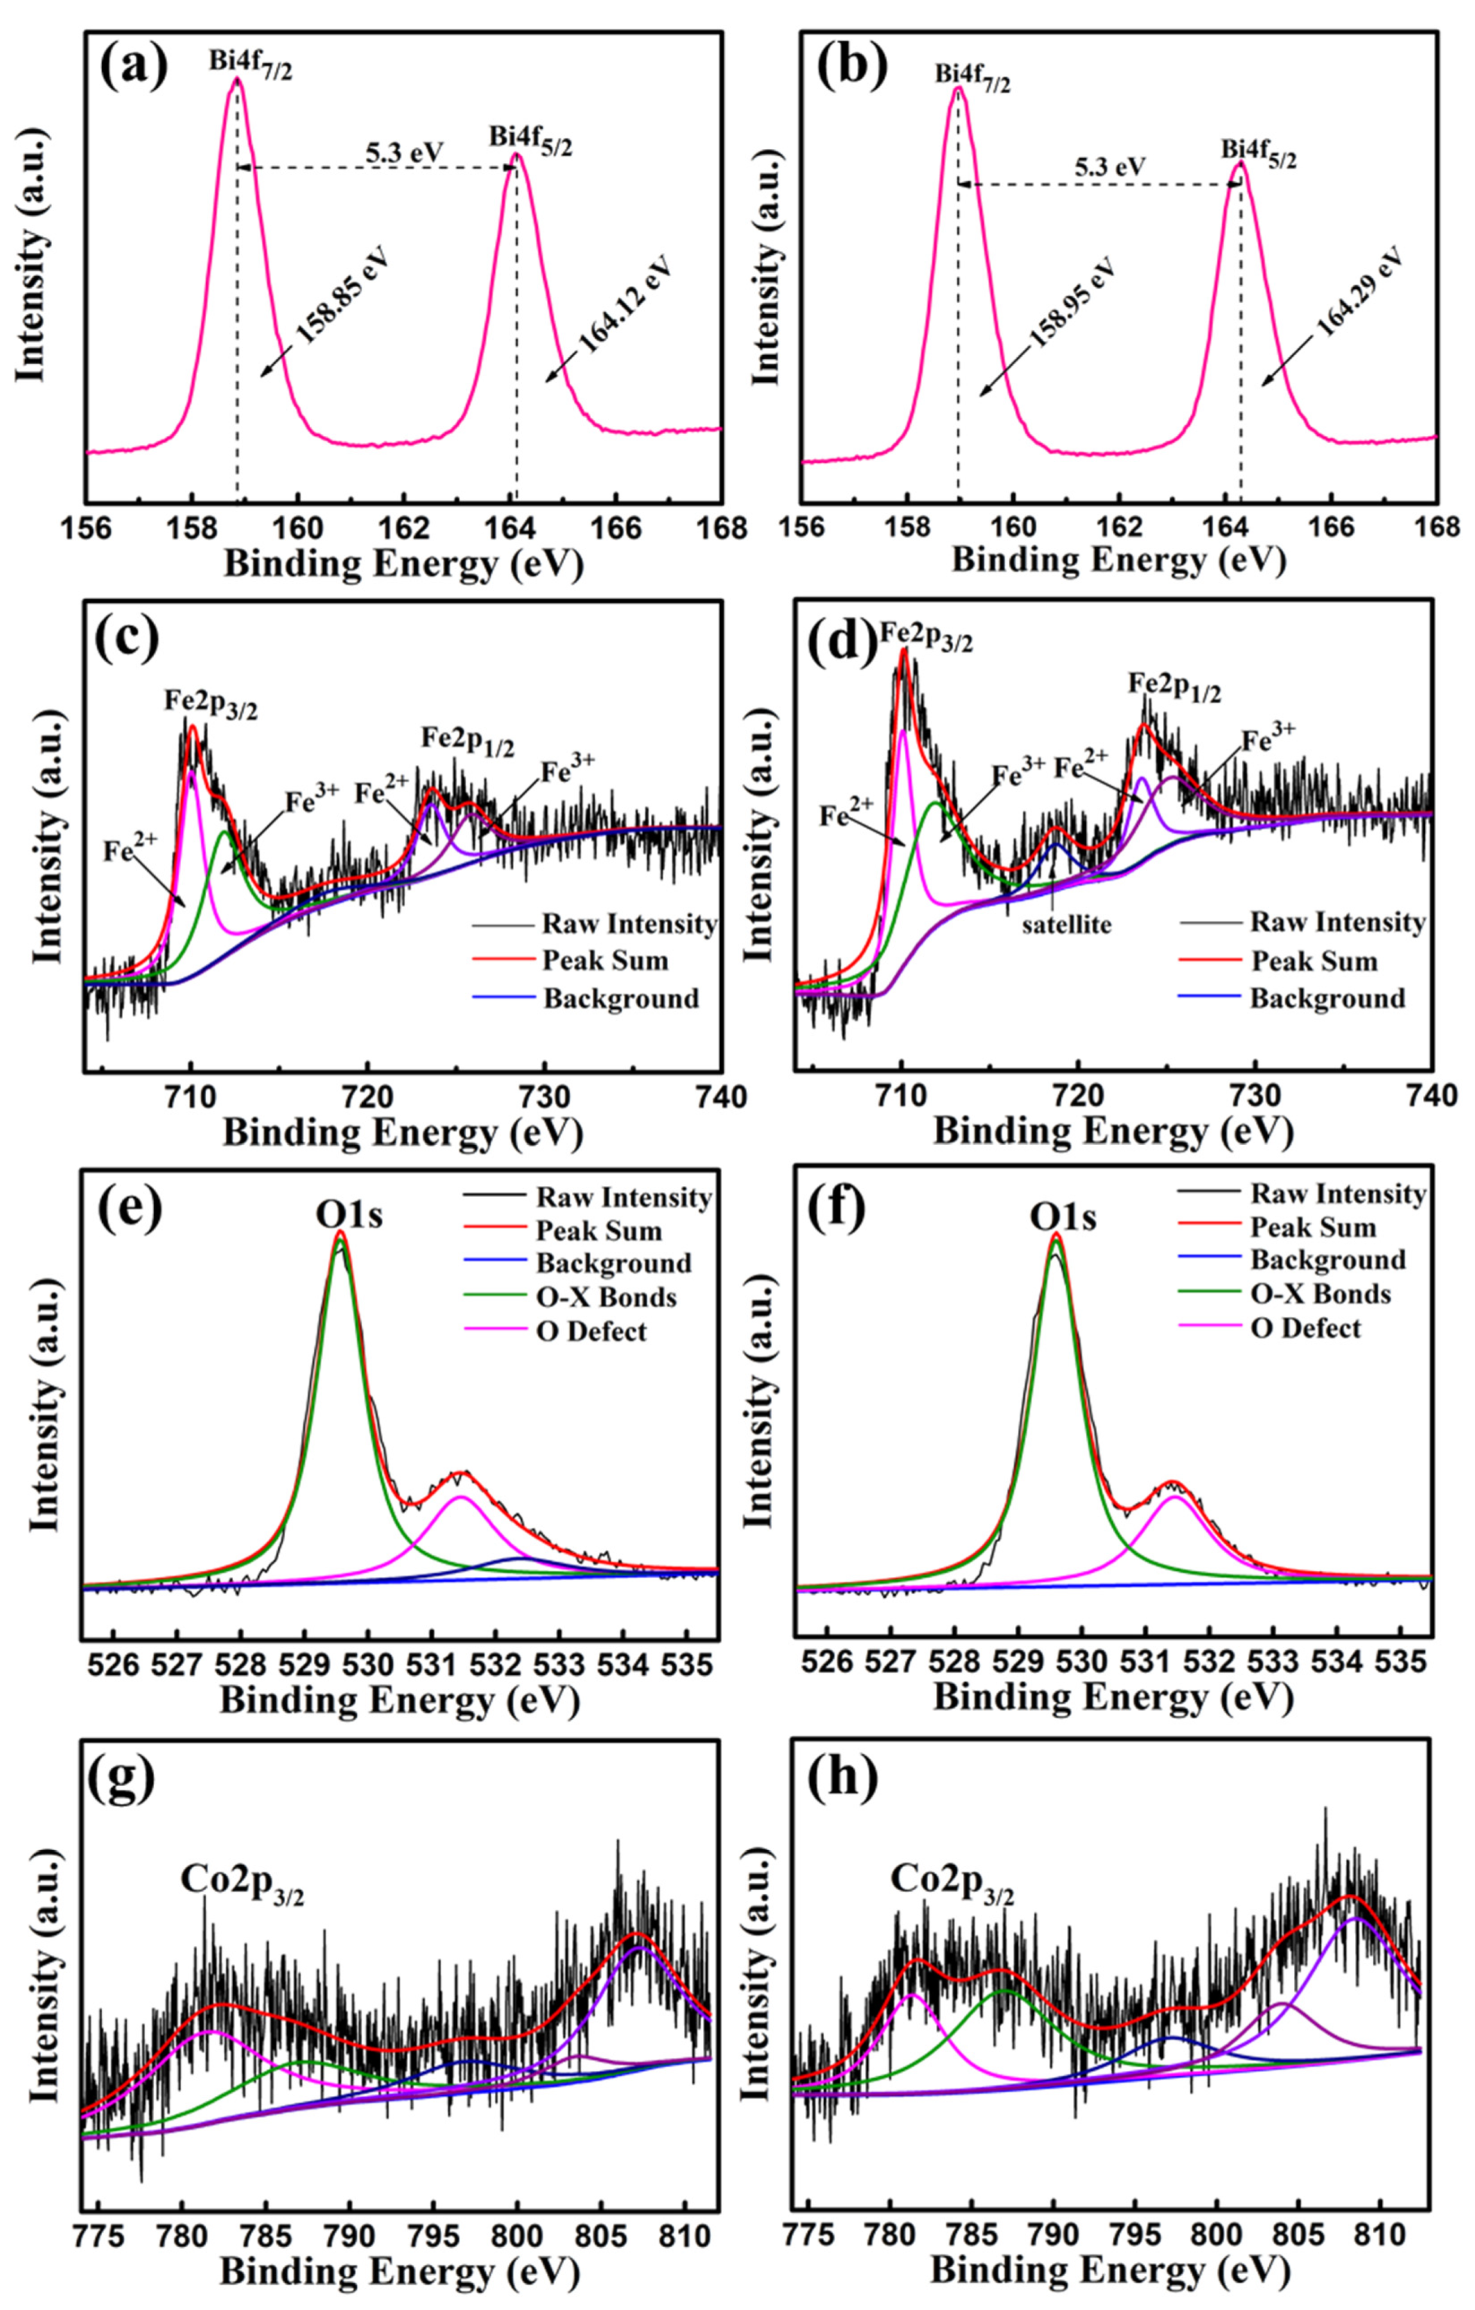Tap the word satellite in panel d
[1066, 924]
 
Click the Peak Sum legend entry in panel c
[604, 960]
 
